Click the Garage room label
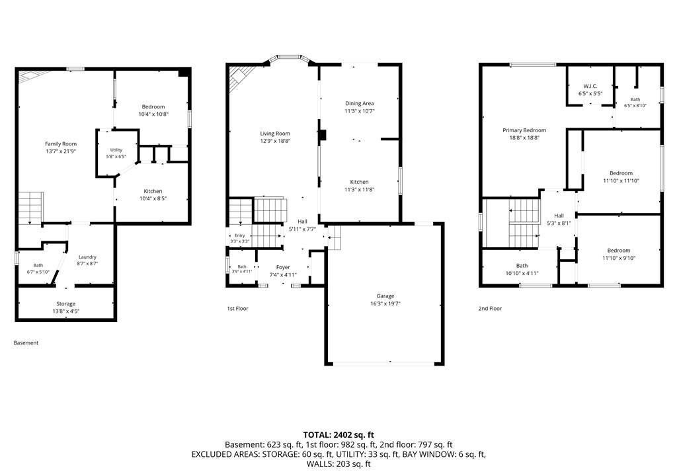pos(385,296)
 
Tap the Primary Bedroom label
pos(524,130)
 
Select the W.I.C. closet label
pos(590,86)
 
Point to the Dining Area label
pos(359,103)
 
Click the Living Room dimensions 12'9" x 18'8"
pos(275,141)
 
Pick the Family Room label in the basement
pos(61,144)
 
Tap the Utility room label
pos(116,150)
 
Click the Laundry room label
pos(87,257)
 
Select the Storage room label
pos(65,303)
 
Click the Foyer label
pos(283,267)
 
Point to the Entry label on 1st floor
pos(239,235)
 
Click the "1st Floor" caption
pos(237,308)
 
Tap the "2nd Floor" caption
pos(490,308)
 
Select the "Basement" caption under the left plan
pos(26,343)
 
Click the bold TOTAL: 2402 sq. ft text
pos(338,435)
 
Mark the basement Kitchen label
pos(153,191)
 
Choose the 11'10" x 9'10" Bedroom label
pos(619,251)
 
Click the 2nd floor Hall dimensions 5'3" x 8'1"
pos(559,223)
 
